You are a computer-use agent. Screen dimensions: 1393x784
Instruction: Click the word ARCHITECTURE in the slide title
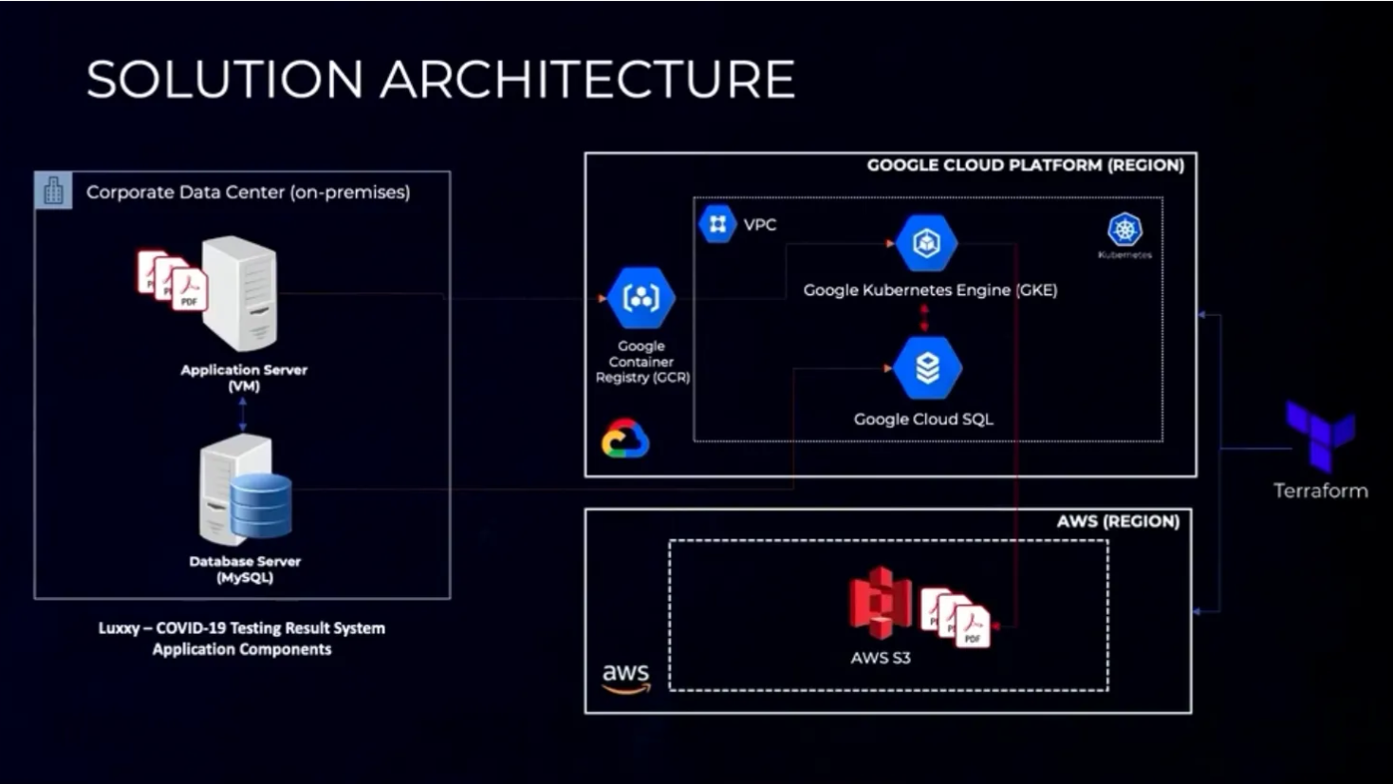tap(587, 79)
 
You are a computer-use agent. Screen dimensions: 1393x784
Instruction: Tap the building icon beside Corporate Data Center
tap(53, 191)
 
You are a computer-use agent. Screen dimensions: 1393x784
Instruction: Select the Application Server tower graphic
tap(240, 293)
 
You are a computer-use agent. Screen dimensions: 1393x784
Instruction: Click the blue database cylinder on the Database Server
tap(261, 505)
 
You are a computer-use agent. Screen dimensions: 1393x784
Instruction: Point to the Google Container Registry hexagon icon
tap(641, 297)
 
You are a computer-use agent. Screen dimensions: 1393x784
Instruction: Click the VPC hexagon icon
tap(717, 223)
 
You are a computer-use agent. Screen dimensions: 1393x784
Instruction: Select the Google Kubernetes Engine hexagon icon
tap(926, 243)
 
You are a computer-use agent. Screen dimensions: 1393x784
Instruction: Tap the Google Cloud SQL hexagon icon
tap(927, 368)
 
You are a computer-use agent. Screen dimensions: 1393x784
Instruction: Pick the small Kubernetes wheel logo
tap(1125, 230)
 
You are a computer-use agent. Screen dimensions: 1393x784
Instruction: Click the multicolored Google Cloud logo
tap(625, 439)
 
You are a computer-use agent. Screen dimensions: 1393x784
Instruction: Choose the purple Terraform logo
tap(1320, 436)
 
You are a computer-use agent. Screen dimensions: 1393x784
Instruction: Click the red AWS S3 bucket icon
tap(881, 603)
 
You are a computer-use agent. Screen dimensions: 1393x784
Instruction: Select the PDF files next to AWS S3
tap(956, 618)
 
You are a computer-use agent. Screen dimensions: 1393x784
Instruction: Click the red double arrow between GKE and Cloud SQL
tap(925, 318)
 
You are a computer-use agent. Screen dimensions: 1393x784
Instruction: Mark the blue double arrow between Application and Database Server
tap(243, 415)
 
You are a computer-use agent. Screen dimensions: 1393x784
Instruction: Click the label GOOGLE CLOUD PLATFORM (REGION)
tap(1026, 165)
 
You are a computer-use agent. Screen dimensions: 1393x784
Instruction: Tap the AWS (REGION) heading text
tap(1118, 521)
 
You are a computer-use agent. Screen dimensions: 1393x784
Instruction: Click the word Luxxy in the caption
tap(119, 628)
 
